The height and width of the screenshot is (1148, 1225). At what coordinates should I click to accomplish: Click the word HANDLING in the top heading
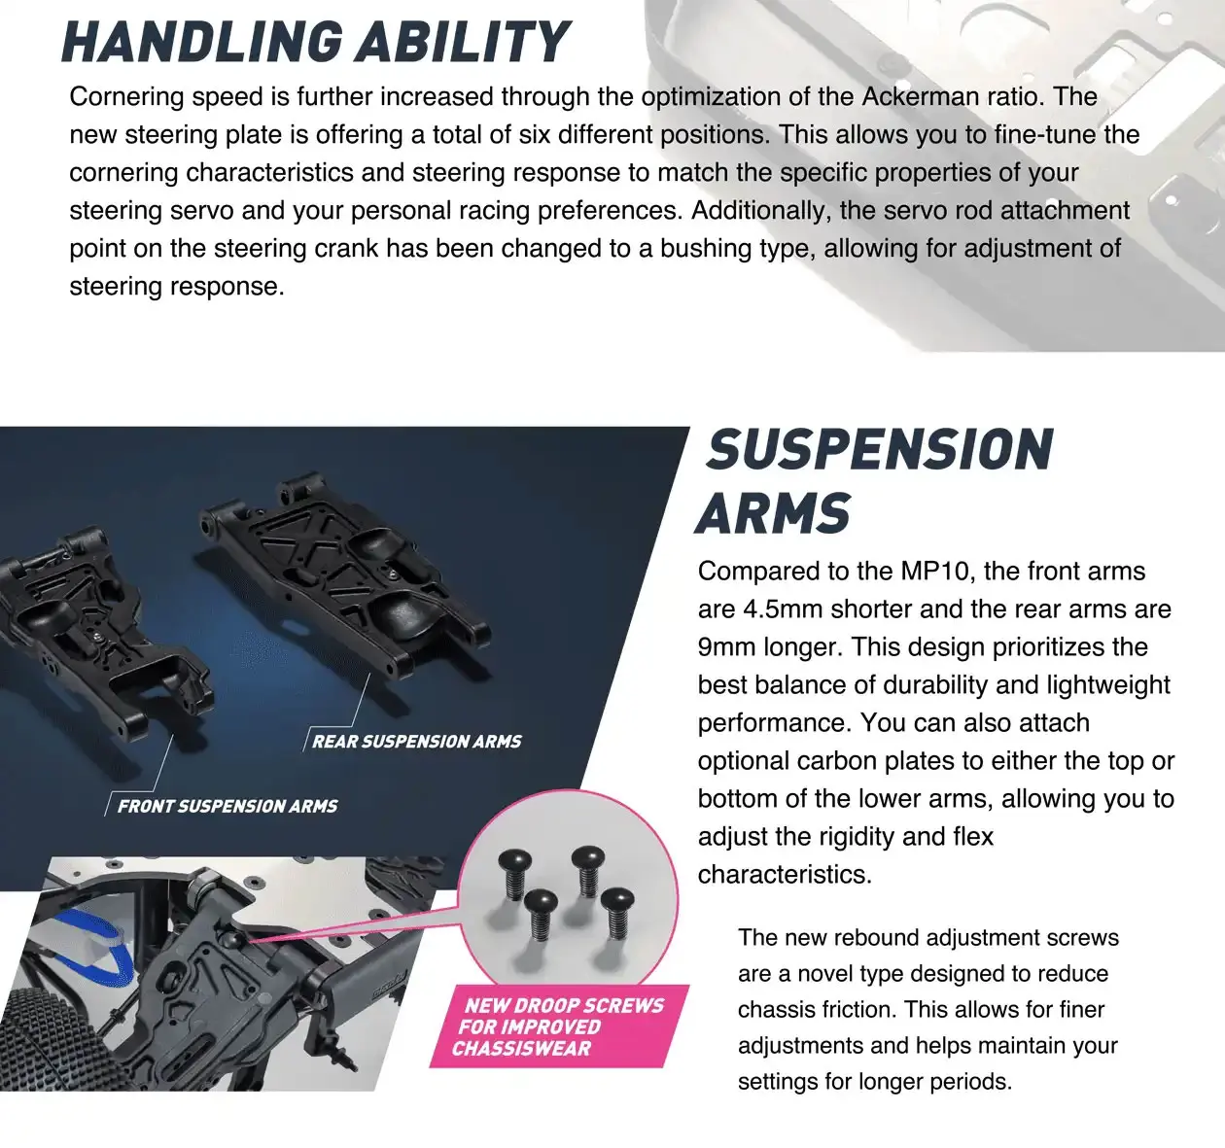200,42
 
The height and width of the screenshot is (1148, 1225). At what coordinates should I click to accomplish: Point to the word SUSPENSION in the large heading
880,450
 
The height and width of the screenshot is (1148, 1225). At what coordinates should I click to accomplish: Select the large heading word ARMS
774,514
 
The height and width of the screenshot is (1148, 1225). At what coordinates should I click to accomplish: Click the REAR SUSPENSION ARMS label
416,742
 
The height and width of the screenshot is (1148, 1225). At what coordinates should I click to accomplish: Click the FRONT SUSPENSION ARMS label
227,806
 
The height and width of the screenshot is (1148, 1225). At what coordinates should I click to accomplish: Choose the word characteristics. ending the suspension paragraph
785,874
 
